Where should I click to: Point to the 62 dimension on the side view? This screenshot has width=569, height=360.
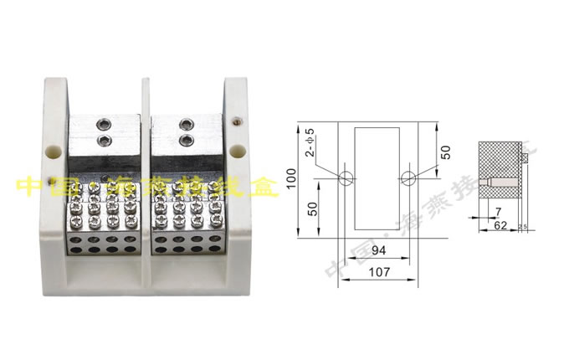pos(500,226)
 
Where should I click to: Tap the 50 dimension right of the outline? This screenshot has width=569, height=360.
pos(445,152)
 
